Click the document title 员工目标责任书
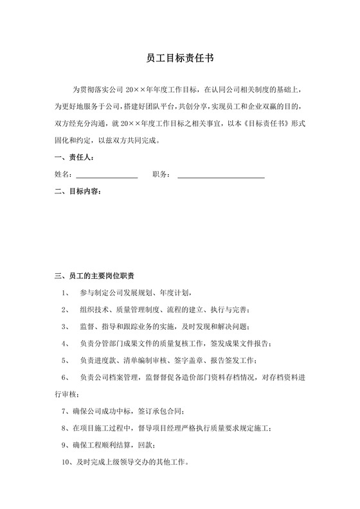tap(180, 58)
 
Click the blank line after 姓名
tap(107, 174)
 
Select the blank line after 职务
tap(221, 174)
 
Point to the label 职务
tap(161, 174)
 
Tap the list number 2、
tap(66, 309)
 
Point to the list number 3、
tap(66, 326)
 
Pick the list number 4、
tap(66, 343)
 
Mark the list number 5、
tap(66, 359)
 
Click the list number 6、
tap(66, 376)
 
